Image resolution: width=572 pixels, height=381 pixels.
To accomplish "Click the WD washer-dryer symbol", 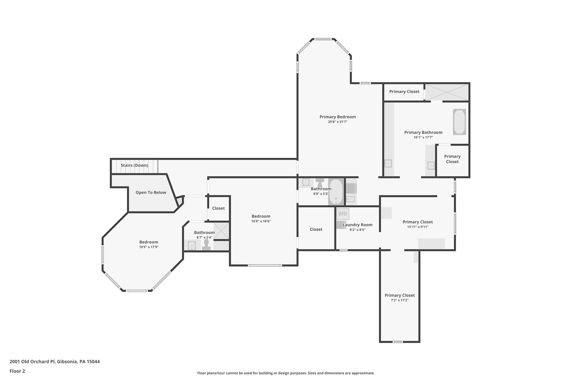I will point(342,214).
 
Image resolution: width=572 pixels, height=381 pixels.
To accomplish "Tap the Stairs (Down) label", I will point(134,165).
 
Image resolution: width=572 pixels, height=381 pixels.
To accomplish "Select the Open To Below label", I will point(151,193).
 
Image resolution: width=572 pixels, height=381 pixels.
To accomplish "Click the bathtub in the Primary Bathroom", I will point(459,122).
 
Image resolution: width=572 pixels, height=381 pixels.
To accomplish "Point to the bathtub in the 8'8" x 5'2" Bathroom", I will point(335,192).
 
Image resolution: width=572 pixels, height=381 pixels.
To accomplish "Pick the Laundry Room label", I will point(357,225).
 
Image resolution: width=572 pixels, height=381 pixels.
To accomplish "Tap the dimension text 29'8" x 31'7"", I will point(337,122).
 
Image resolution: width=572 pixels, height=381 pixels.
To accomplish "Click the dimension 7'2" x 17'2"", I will point(399,300).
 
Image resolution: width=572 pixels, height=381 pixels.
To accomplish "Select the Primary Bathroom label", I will point(423,132).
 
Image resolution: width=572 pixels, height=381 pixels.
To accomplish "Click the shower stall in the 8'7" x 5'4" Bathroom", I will point(221,231).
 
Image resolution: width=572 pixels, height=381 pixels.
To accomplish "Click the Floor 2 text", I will point(17,371).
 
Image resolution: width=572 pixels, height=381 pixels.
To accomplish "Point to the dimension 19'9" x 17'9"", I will point(149,247).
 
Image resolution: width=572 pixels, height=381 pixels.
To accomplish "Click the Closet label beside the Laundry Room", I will point(316,229).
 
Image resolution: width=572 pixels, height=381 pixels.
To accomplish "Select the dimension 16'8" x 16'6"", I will point(261,221).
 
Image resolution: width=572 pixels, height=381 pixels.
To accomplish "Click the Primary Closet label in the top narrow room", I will point(404,92).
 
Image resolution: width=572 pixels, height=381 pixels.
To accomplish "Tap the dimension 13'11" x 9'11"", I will point(418,227).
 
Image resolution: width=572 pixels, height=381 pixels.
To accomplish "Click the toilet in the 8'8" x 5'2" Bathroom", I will point(320,183).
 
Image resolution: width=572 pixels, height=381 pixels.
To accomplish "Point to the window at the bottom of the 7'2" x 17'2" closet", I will point(397,342).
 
